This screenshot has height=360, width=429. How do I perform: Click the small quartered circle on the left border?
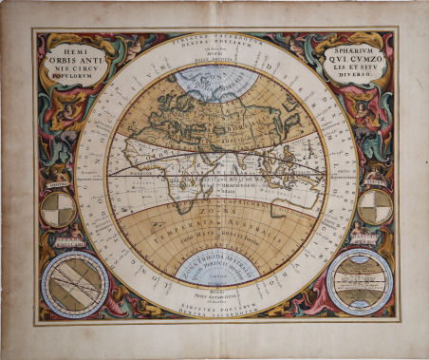(x=58, y=209)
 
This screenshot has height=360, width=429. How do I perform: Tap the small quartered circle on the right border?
(x=375, y=206)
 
